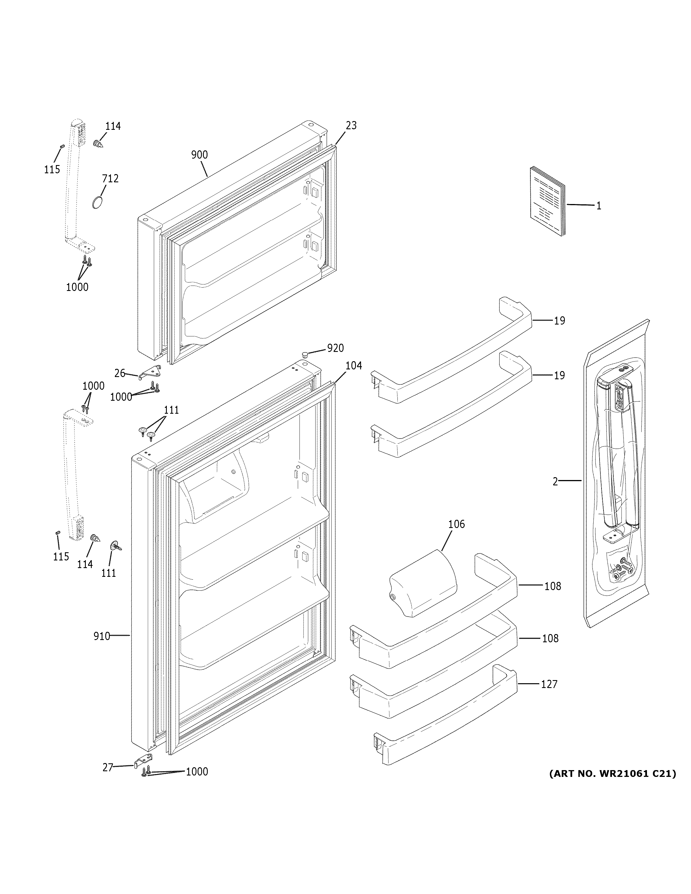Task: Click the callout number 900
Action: (x=199, y=155)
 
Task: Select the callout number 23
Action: (x=351, y=125)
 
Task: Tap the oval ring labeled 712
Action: (x=97, y=203)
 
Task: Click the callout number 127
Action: (x=549, y=684)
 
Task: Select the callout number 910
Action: (x=102, y=636)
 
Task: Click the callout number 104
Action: (x=354, y=365)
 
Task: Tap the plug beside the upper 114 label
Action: (x=97, y=144)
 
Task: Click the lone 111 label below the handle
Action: (x=108, y=573)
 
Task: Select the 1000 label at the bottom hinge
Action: (x=197, y=772)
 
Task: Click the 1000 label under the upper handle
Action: (x=77, y=287)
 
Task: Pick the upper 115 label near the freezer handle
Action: (x=52, y=169)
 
